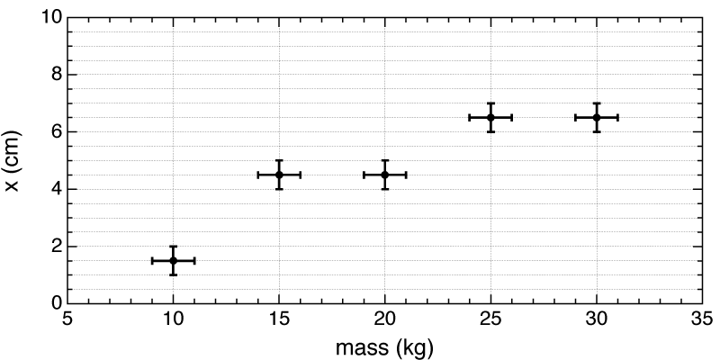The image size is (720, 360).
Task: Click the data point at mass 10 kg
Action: coord(173,260)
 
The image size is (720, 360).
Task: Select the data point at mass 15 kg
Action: coord(279,175)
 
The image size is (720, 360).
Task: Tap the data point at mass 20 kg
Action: coord(385,175)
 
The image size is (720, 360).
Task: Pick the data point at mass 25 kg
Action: coord(490,117)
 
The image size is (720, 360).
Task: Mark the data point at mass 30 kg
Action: coord(597,117)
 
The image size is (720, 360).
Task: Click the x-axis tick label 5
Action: coord(67,320)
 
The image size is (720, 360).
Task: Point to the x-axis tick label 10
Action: coord(173,320)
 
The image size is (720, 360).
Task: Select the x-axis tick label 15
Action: coord(279,320)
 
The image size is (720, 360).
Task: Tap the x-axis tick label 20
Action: coord(385,320)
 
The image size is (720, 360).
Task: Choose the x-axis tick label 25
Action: coord(490,320)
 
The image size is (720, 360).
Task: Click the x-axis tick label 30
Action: coord(597,320)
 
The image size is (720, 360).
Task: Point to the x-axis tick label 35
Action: coord(702,320)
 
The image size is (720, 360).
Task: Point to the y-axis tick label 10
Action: coord(49,17)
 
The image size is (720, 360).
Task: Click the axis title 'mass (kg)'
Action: coord(385,345)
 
